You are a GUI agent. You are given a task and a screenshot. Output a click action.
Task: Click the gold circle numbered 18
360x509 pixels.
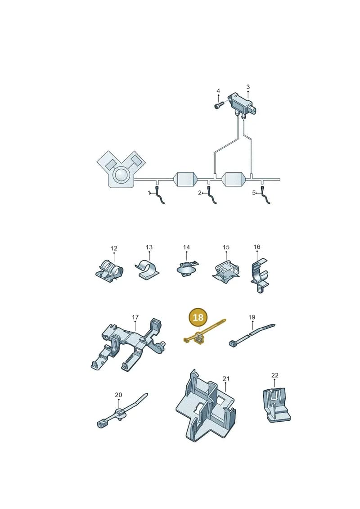[198, 317]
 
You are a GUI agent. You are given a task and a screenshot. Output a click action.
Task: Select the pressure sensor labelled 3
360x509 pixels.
[244, 104]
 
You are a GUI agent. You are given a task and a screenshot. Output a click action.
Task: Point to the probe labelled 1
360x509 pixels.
[160, 195]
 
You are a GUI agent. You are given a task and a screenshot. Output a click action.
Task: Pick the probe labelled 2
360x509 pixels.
[212, 195]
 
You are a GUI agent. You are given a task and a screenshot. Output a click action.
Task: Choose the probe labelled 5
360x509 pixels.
[265, 195]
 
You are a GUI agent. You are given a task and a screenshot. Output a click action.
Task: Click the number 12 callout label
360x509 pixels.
[113, 248]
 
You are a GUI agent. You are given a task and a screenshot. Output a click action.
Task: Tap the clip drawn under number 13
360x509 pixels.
[147, 269]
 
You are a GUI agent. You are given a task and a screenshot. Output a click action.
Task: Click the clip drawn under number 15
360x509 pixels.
[226, 270]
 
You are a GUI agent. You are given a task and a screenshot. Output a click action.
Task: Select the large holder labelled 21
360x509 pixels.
[206, 406]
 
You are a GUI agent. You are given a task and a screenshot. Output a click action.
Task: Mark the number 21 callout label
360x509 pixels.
[226, 378]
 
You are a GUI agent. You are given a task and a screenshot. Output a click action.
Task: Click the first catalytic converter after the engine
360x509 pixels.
[186, 179]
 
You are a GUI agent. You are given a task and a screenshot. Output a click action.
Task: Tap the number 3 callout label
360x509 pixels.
[248, 87]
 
